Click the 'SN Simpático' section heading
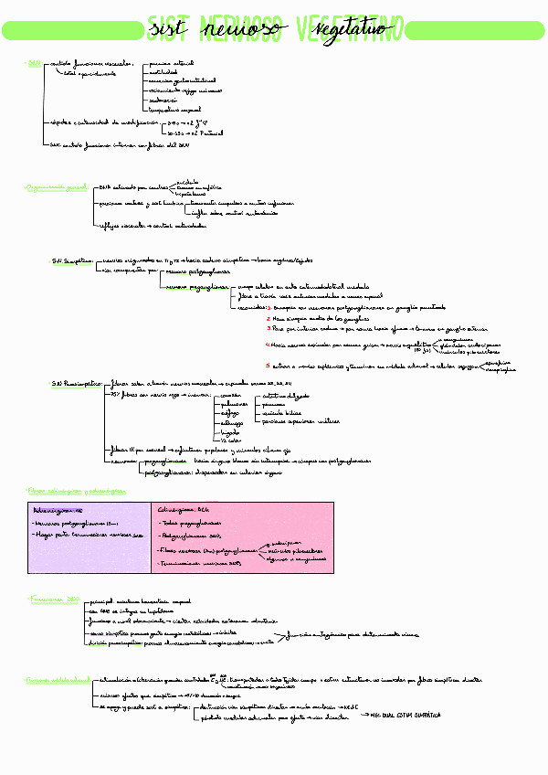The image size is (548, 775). tap(72, 260)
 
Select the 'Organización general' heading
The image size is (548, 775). tap(56, 186)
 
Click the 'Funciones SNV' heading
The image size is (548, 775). tap(54, 599)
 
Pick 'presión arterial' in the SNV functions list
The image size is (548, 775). tap(169, 65)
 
